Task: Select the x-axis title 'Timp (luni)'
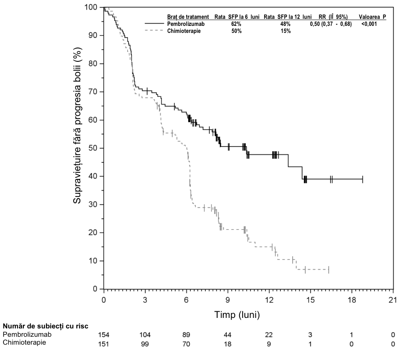237,315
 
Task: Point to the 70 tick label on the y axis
93,92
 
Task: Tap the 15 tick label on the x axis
310,299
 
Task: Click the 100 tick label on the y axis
91,7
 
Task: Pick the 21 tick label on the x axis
393,299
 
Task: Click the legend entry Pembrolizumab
186,24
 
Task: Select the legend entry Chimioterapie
184,31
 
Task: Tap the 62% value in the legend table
236,24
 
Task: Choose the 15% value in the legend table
286,31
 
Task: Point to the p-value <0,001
369,24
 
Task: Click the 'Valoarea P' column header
372,17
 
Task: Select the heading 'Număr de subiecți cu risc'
46,326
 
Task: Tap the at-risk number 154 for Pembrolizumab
104,335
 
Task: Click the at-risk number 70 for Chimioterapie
186,344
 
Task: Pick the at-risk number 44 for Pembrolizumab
228,335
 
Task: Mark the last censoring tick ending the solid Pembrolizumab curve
363,179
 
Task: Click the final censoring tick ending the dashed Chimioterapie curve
329,270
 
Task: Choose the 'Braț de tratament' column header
188,17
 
